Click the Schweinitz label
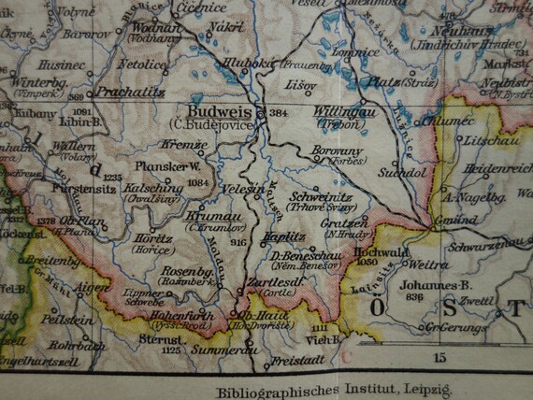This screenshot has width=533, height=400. click(x=321, y=197)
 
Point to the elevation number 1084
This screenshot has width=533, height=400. click(x=195, y=183)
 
